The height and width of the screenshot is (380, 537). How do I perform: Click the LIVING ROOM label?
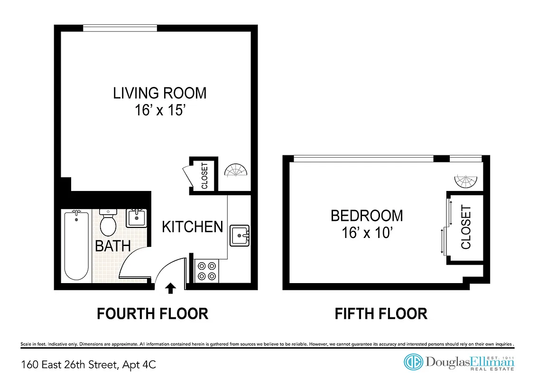pos(160,93)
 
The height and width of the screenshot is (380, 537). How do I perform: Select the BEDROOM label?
pos(367,216)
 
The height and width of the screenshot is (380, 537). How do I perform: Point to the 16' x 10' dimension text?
pos(367,233)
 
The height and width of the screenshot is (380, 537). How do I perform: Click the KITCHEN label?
pos(192,227)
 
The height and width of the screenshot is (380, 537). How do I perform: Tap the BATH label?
pos(113,246)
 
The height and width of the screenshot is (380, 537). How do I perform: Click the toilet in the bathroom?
pos(109,223)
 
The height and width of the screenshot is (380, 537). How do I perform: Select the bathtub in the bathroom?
pos(76,246)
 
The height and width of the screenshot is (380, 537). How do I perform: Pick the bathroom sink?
pos(137,218)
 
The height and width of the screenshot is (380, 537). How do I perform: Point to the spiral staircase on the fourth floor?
pos(236,171)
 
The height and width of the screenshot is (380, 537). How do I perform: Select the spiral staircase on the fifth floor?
pos(466,181)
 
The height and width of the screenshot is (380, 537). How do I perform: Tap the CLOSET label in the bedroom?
pos(466,227)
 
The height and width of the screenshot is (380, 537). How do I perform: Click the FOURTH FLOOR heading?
pos(152,314)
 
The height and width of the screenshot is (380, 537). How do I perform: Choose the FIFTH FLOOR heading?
pos(381,314)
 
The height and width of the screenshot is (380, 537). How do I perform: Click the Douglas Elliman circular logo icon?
pos(413,362)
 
